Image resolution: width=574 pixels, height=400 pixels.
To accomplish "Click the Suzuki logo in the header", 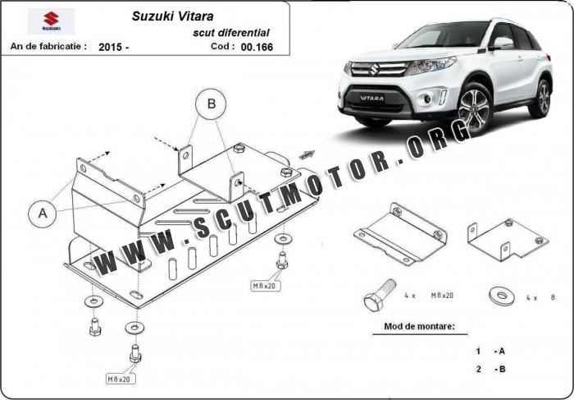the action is [51, 21].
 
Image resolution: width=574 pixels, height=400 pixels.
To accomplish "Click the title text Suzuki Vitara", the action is [172, 16].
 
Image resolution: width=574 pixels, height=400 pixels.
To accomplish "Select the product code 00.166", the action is [257, 47].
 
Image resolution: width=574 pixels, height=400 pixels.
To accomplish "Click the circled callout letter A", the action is [43, 214].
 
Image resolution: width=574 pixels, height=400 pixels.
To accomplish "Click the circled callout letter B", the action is [212, 104].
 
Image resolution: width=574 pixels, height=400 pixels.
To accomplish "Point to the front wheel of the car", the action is [474, 108].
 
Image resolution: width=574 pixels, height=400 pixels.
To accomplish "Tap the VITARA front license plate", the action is [372, 99].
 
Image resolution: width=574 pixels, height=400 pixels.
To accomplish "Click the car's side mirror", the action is [502, 44].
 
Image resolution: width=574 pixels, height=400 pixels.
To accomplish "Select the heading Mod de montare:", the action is [419, 326].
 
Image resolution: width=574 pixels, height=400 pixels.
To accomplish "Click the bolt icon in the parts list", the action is [380, 295].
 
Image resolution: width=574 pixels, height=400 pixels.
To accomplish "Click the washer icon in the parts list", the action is [502, 297].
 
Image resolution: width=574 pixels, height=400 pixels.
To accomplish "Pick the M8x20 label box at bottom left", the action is [121, 379].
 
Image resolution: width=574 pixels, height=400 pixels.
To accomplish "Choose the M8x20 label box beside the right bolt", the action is [266, 286].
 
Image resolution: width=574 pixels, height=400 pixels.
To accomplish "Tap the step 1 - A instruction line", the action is [490, 352].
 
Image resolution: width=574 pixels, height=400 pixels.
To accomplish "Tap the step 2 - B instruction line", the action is [490, 369].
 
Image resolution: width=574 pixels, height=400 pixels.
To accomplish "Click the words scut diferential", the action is [231, 33].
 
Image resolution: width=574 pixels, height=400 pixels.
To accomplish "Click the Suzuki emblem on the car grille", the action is [375, 69].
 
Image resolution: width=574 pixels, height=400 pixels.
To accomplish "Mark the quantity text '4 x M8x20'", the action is [429, 295].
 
